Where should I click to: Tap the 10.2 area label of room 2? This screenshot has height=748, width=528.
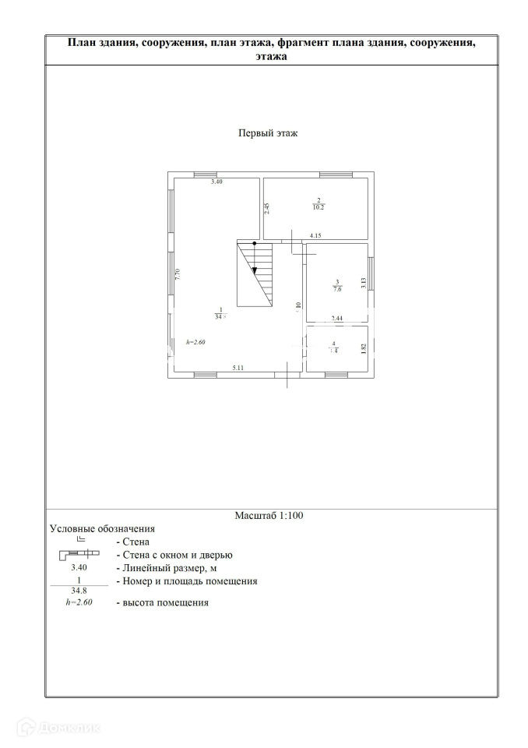318,207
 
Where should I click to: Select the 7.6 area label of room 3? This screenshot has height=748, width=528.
337,288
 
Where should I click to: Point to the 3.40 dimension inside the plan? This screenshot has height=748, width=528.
217,182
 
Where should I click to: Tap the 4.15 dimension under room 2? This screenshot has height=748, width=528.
315,235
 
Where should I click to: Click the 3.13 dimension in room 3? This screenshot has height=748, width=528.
363,284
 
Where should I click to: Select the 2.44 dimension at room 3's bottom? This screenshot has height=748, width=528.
337,318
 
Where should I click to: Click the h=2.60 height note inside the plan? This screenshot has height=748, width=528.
195,342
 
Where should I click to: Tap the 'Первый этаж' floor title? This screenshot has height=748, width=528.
268,133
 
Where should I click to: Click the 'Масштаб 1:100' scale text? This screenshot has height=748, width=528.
269,516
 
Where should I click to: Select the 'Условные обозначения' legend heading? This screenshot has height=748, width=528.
102,529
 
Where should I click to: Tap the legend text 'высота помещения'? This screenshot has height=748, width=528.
162,602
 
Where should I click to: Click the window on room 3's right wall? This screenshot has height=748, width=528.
371,273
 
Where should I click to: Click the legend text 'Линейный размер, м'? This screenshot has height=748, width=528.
167,568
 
